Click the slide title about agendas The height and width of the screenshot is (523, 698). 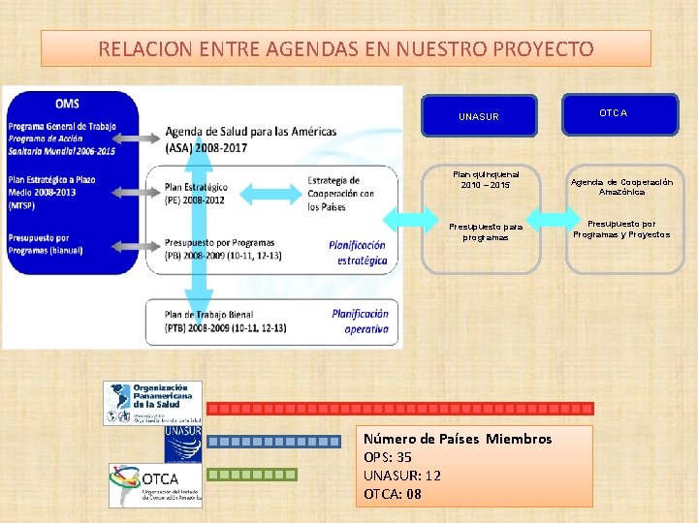[346, 48]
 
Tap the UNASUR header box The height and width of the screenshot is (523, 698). [479, 116]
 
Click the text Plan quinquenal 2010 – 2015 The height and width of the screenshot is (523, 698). [486, 180]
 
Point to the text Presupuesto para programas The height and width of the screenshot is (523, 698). [485, 231]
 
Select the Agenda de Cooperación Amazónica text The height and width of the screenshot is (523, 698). [621, 187]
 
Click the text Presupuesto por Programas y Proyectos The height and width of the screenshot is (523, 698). [621, 229]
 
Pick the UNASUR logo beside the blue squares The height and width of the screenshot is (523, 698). [182, 444]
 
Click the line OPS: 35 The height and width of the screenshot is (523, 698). [388, 457]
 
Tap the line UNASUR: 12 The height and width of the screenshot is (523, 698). [401, 476]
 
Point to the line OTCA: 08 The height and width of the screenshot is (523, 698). [393, 494]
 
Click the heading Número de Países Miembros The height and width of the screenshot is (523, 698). [458, 439]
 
